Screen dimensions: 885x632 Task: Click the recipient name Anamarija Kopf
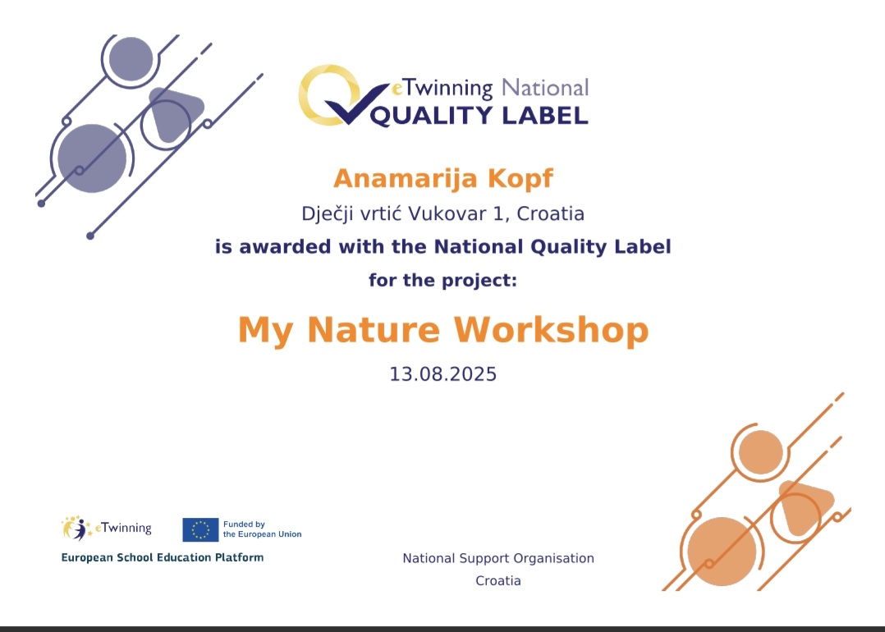point(443,178)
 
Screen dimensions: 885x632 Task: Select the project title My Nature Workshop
point(443,330)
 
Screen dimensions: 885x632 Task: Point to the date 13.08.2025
point(443,374)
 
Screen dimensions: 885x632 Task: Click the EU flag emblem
point(200,530)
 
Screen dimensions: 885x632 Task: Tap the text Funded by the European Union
point(263,529)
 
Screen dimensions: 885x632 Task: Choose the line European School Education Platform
point(163,557)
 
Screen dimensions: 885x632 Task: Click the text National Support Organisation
point(498,558)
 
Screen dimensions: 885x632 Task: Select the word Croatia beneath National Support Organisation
point(498,580)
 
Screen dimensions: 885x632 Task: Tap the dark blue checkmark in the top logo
point(356,104)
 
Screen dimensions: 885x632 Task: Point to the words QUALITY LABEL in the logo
point(479,116)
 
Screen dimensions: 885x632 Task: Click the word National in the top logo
point(545,88)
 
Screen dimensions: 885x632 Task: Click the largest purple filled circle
point(92,158)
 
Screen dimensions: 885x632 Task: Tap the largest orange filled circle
point(722,552)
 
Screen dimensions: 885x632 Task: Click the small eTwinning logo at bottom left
point(106,529)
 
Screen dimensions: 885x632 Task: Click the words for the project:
point(443,280)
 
